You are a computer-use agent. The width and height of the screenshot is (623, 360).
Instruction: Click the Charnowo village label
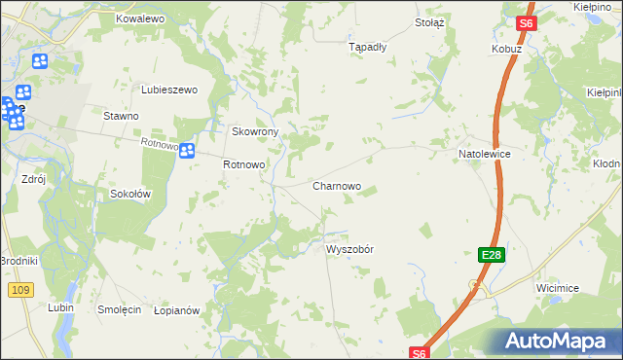click(x=337, y=185)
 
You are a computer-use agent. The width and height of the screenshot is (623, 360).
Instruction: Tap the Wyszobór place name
click(x=349, y=248)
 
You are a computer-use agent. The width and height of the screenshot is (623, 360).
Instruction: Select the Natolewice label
click(x=485, y=154)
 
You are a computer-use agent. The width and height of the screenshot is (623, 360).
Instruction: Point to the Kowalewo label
click(x=140, y=18)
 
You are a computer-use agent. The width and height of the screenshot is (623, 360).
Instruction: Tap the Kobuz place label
click(x=507, y=48)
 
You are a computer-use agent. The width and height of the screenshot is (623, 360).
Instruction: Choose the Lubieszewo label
click(x=169, y=90)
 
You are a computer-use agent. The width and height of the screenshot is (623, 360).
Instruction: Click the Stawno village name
click(x=122, y=115)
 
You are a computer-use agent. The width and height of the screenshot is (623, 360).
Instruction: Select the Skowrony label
click(x=255, y=131)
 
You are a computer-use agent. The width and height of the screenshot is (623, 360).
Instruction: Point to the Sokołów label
click(x=129, y=193)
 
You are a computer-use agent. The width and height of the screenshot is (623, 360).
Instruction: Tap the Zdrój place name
click(x=34, y=179)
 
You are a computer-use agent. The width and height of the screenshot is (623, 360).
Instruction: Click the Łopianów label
click(x=176, y=309)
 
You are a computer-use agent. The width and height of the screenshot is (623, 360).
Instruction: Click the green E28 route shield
click(x=492, y=255)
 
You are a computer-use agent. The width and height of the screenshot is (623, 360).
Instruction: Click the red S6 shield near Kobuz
click(x=526, y=23)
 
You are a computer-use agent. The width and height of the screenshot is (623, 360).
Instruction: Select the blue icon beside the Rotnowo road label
click(x=186, y=150)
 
